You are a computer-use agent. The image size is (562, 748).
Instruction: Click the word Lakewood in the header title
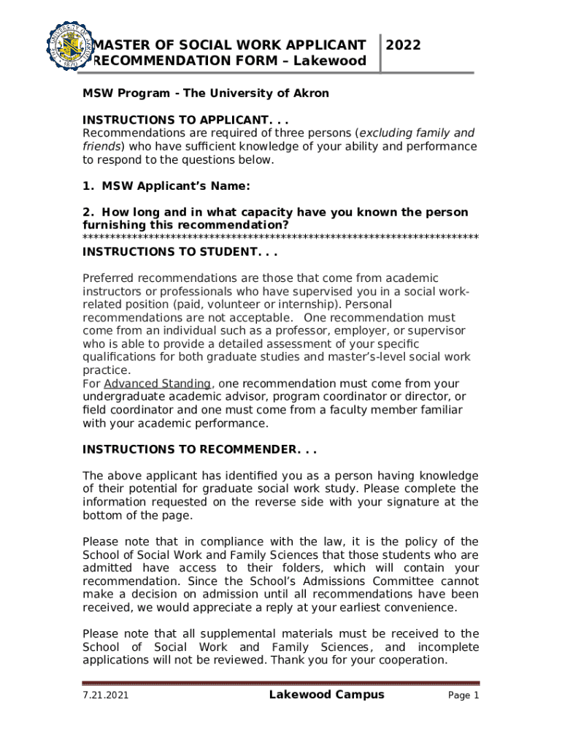point(332,61)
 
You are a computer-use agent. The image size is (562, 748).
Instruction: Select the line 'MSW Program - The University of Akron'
point(205,93)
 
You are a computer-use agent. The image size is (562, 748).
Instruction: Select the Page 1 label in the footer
point(463,696)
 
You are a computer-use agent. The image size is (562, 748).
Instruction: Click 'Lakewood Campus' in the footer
point(326,695)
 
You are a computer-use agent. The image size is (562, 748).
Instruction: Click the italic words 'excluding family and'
point(416,133)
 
